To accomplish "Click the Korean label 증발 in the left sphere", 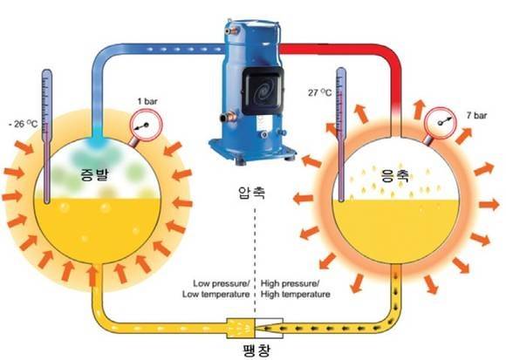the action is point(95,174).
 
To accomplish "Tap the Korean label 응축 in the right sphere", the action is point(395,176).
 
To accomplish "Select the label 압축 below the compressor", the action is point(252,193).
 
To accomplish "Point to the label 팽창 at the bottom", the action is point(256,350).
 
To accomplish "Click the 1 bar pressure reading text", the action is point(147,101).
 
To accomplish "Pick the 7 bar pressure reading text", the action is point(476,115).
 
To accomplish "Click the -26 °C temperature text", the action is point(24,124).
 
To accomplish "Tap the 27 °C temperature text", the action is point(319,92).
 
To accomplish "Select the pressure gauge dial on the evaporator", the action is point(146,125).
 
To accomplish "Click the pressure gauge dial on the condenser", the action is point(440,123).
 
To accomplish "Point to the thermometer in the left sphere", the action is point(47,136).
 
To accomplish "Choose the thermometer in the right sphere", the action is point(341,135).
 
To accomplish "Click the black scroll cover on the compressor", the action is point(263,91).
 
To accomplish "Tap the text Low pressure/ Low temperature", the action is point(216,289).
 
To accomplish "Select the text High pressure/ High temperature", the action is point(295,289).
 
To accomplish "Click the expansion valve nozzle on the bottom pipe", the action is point(255,328).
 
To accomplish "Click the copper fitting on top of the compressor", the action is point(233,31).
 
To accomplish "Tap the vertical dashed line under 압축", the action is point(256,261).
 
